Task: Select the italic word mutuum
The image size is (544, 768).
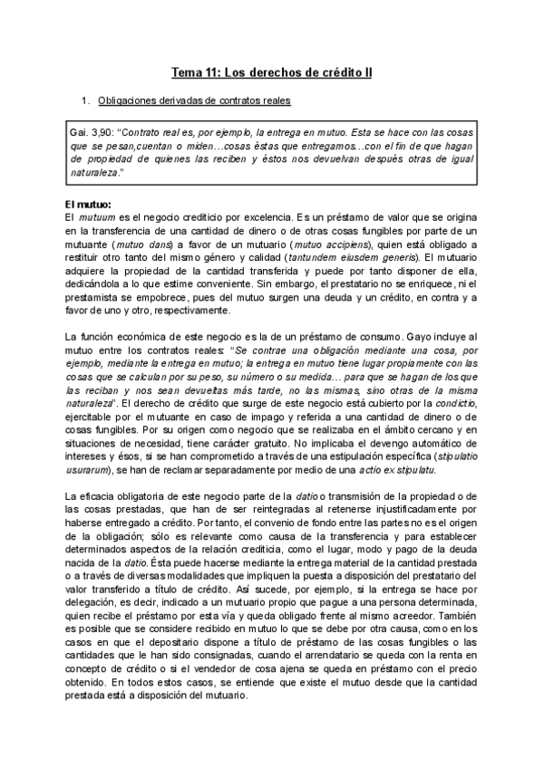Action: tap(96, 219)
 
